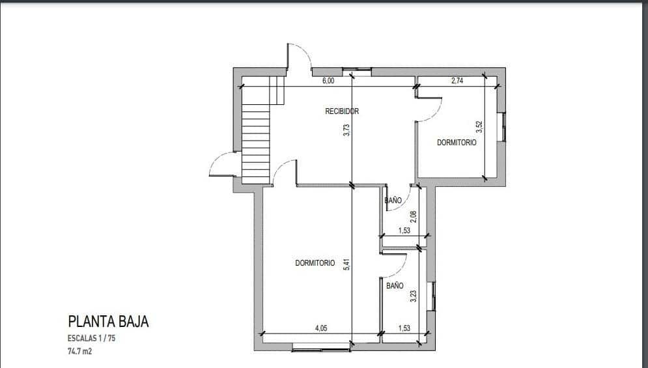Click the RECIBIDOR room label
tap(342, 111)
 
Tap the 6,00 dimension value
tap(328, 81)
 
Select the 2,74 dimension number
tap(457, 81)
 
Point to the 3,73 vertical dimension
tap(347, 130)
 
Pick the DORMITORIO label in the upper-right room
tap(456, 143)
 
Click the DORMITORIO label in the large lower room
tap(315, 263)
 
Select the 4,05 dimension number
tap(321, 329)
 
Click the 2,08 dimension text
tap(412, 217)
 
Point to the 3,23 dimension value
tap(412, 296)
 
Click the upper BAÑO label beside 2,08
tap(393, 201)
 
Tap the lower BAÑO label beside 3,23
tap(395, 286)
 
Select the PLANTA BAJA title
tap(108, 322)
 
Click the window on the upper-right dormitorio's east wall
tap(503, 127)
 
